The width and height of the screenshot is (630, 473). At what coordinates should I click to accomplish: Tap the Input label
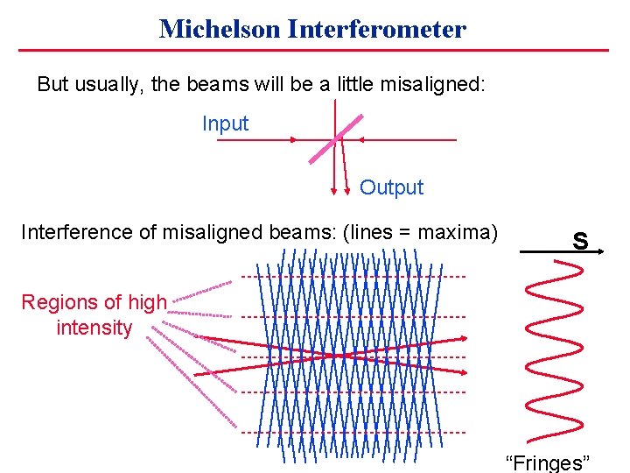pos(225,124)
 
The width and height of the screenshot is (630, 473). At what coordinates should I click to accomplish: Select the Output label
pos(391,187)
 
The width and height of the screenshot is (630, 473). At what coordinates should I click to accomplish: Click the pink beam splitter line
pos(332,139)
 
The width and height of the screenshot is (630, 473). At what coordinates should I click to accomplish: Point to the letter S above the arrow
pos(579,239)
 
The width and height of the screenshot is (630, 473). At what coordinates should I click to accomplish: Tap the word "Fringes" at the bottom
pos(549,462)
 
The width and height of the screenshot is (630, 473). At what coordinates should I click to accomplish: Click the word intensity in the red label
pos(94,328)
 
